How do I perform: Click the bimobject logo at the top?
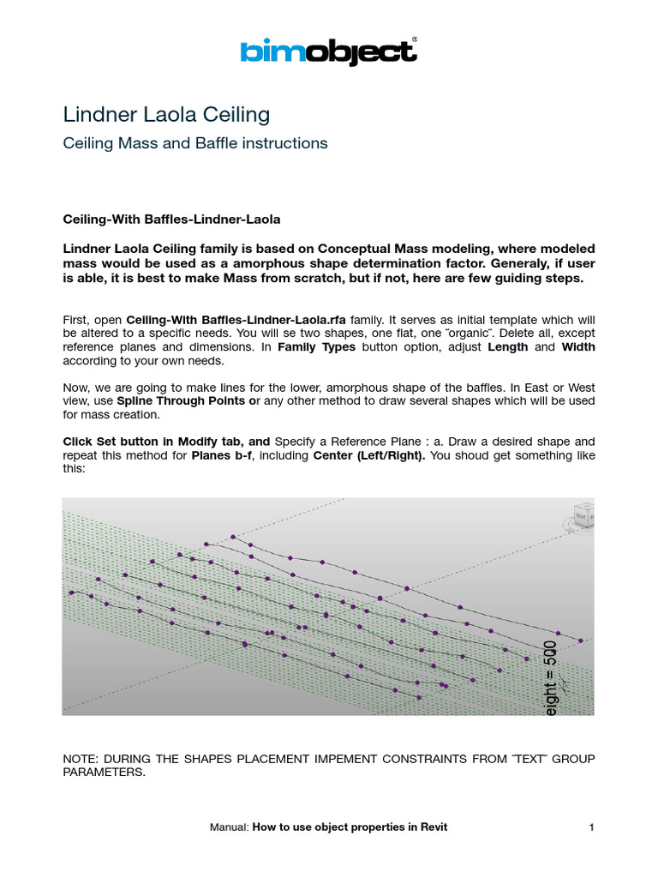(328, 51)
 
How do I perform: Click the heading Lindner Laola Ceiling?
(167, 114)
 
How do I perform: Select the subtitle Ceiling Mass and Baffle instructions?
(195, 143)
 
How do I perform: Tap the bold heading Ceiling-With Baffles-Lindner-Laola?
(172, 219)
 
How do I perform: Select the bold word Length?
(509, 346)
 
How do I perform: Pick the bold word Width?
(577, 346)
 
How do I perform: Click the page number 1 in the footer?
(591, 827)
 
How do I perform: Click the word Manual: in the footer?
(229, 827)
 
